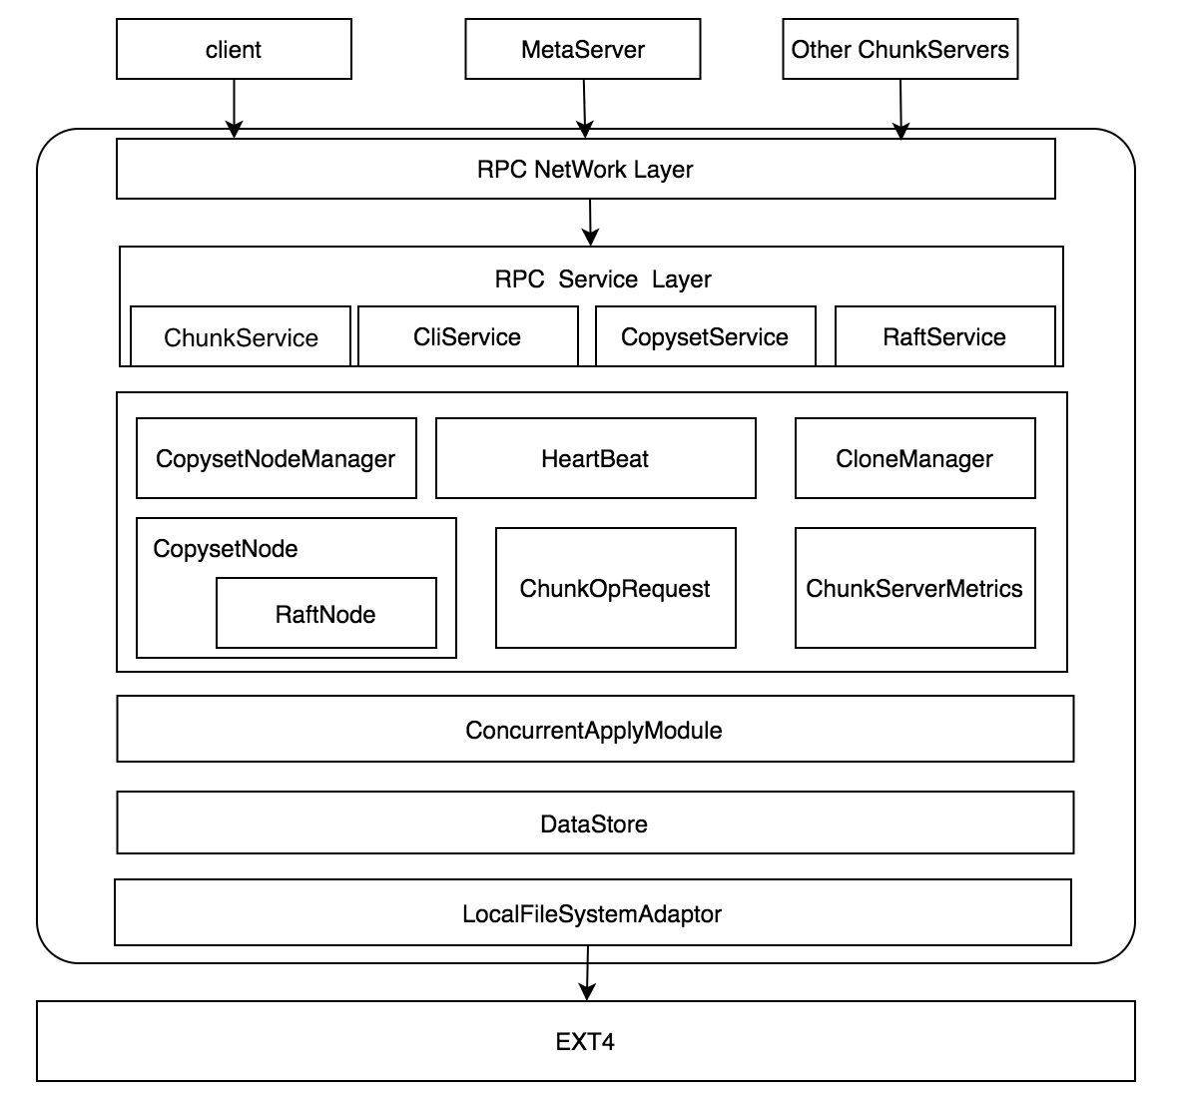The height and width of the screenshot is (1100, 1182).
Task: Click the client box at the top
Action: (234, 50)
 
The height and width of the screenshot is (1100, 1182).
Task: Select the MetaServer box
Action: (583, 50)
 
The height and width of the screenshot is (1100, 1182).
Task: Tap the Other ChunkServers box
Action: (899, 50)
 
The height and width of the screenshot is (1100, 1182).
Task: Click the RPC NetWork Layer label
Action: (585, 169)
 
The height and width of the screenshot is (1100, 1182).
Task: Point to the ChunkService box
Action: (241, 337)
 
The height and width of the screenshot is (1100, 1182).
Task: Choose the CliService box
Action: (467, 336)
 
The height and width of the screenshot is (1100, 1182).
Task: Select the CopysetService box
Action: (705, 336)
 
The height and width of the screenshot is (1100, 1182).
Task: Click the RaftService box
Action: (944, 336)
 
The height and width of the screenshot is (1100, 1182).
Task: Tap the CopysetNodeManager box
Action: (276, 458)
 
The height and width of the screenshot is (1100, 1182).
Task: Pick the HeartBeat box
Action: (595, 458)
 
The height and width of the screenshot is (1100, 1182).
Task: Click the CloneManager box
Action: (914, 458)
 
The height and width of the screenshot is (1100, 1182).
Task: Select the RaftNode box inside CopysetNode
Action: (325, 614)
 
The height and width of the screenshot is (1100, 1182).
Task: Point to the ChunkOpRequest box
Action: (615, 588)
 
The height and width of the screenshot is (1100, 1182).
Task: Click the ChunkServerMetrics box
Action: (914, 588)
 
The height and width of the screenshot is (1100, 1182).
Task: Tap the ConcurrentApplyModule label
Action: (594, 730)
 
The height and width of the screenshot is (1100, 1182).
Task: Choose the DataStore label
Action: (594, 824)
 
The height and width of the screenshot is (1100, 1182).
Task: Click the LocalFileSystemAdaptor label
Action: (592, 913)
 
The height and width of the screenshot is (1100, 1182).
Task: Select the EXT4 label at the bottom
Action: (585, 1042)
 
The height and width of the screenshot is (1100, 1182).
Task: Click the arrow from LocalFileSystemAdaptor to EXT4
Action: (587, 973)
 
